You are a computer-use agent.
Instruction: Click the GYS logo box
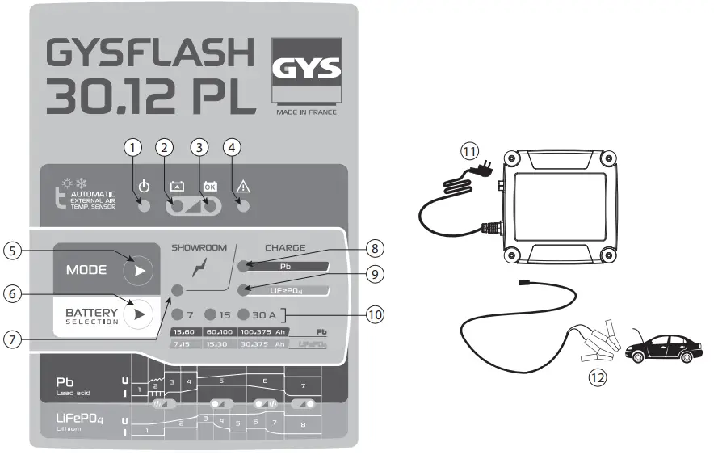(307, 71)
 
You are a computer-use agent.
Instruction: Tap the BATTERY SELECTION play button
(139, 313)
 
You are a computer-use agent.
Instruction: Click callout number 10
(372, 314)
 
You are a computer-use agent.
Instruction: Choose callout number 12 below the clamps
(596, 376)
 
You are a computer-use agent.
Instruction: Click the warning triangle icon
(242, 185)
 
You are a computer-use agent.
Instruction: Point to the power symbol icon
(144, 185)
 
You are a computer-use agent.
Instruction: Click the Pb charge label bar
(285, 265)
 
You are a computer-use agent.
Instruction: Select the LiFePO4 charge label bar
(285, 289)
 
